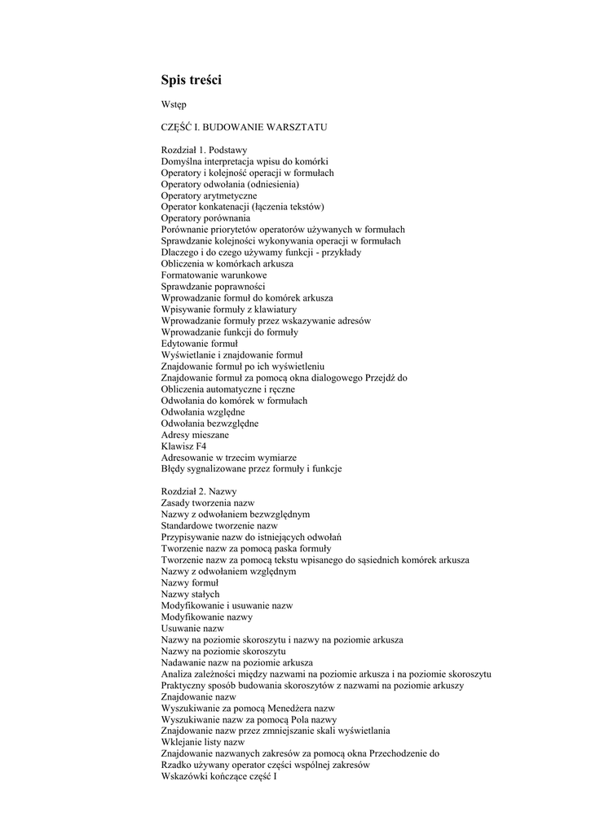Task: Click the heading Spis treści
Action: click(191, 80)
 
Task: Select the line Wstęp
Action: click(174, 105)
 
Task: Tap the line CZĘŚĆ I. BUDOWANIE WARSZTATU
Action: click(245, 128)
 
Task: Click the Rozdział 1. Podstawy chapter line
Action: click(205, 150)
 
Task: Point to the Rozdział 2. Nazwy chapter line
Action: click(199, 492)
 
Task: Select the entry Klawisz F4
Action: click(184, 446)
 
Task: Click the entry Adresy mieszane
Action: click(195, 435)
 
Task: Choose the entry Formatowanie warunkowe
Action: click(214, 275)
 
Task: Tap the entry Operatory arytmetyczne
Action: click(209, 195)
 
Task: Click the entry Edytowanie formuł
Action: click(199, 344)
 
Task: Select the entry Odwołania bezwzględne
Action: click(209, 424)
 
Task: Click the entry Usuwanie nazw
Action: click(192, 629)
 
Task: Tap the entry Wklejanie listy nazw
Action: click(203, 743)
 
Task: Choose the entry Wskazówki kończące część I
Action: click(219, 777)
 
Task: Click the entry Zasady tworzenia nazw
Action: click(208, 503)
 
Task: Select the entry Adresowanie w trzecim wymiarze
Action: click(228, 458)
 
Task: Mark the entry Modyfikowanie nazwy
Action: click(207, 617)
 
